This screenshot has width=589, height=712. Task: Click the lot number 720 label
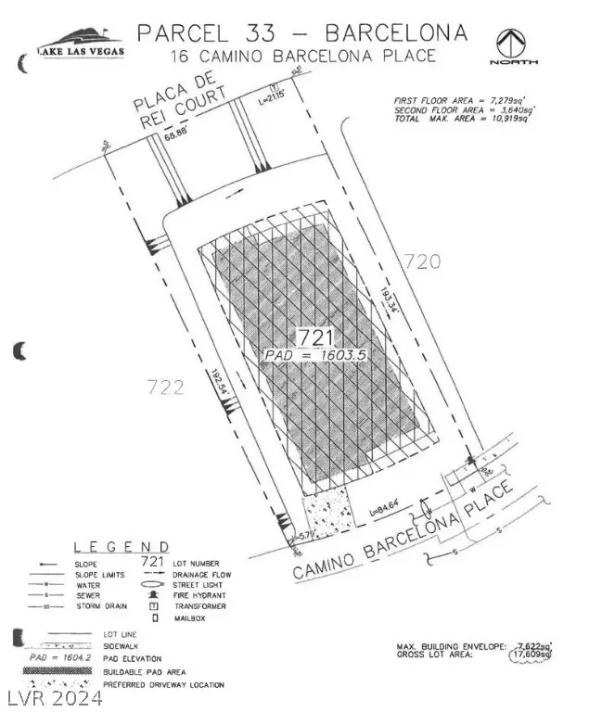pyautogui.click(x=421, y=261)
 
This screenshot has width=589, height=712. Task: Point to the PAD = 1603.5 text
pyautogui.click(x=307, y=354)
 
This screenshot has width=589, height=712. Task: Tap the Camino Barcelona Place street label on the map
pyautogui.click(x=403, y=529)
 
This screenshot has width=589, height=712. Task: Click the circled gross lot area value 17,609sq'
pyautogui.click(x=531, y=655)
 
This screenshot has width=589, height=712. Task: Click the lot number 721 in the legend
pyautogui.click(x=151, y=561)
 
